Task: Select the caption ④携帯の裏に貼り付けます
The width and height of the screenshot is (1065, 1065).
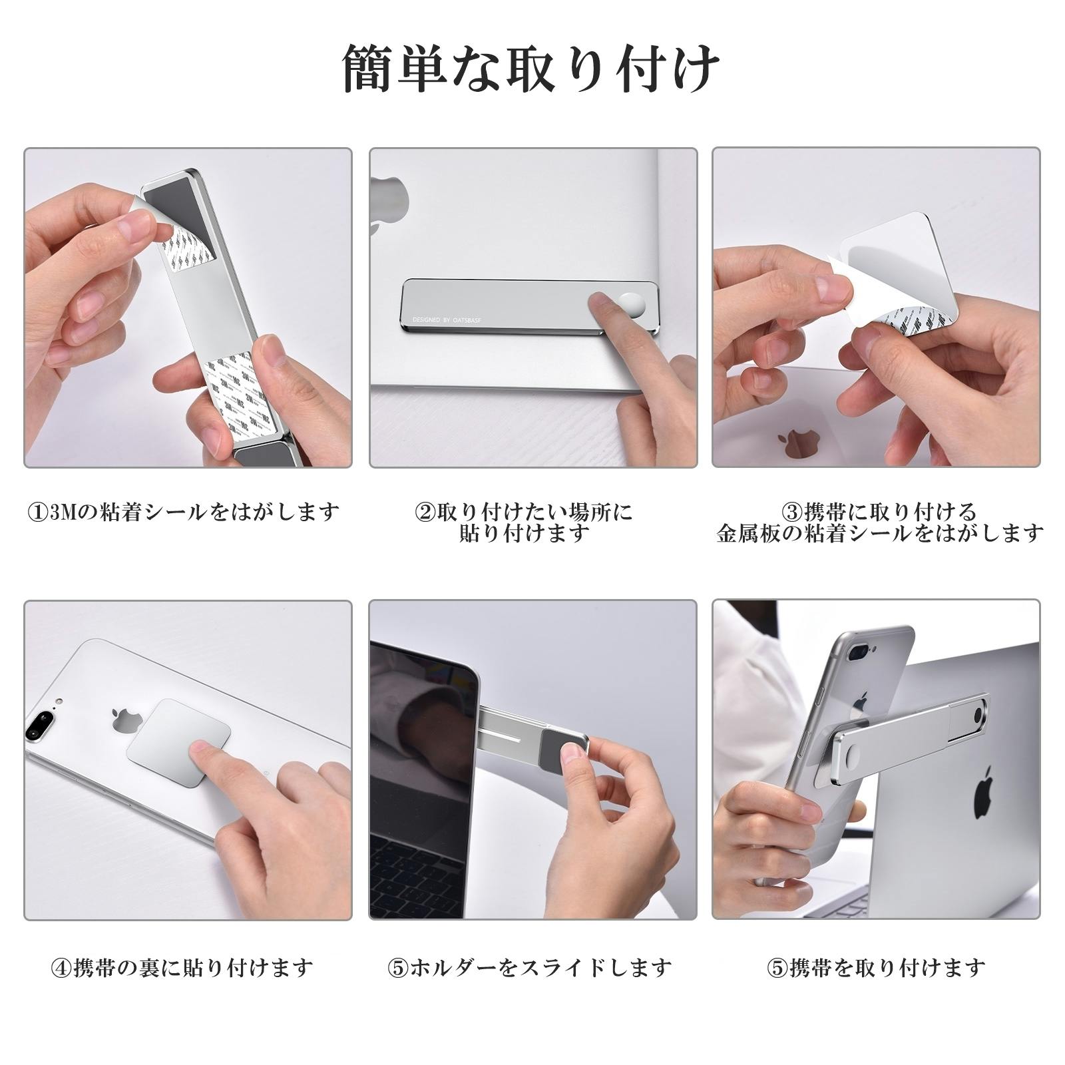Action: point(182,967)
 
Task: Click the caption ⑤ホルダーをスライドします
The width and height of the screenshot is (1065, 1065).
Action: point(530,967)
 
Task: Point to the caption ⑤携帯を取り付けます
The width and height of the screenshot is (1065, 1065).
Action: point(877,967)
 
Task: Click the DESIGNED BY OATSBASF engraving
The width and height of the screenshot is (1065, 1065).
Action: point(451,321)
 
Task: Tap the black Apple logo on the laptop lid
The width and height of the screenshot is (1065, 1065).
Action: point(986,796)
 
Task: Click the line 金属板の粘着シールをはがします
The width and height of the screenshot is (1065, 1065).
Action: point(879,533)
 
